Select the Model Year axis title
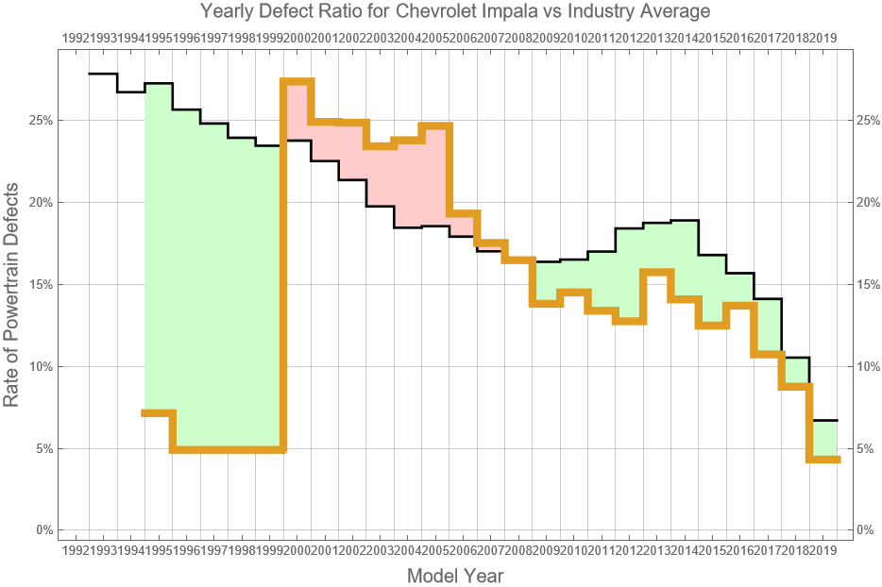pos(454,576)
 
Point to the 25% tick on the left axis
pos(40,121)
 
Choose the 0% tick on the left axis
pos(42,530)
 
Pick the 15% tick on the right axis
pos(869,284)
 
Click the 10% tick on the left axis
pos(40,366)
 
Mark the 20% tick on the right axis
pos(869,203)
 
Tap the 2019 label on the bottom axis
pos(823,549)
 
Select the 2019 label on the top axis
pos(823,38)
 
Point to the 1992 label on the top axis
pos(76,38)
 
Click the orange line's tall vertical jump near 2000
pos(282,283)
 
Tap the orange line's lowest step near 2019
pos(823,460)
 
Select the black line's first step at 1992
pos(103,74)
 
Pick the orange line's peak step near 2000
pos(297,82)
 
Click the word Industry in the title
pos(597,12)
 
